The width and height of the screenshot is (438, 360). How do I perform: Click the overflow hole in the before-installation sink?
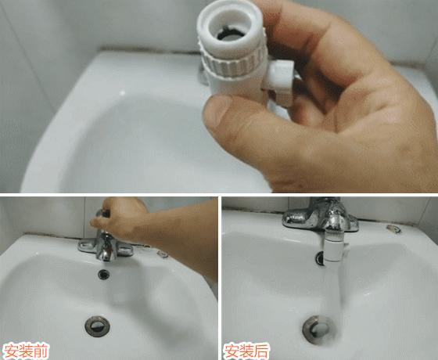click(104, 275)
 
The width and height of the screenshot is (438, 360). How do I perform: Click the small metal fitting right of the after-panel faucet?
click(393, 229)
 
